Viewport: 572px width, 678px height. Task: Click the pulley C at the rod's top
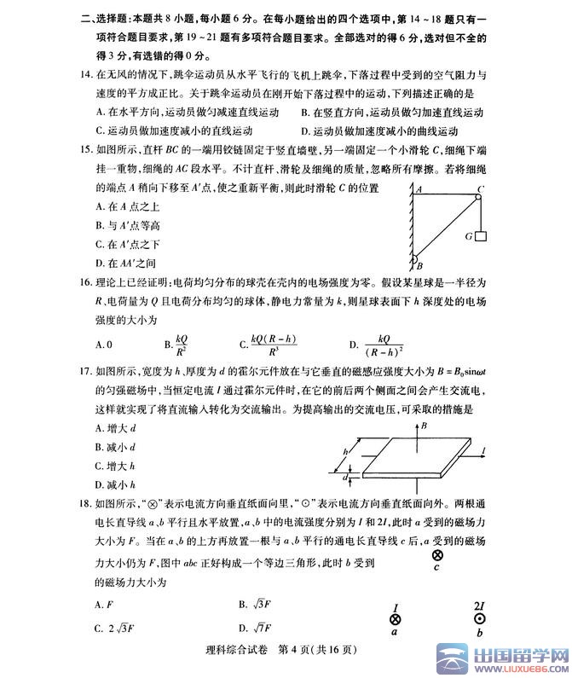(478, 193)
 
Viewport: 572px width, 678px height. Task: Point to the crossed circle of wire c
(437, 555)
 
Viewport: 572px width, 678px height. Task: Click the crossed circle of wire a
(396, 620)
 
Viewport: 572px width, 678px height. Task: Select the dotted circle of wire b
(479, 620)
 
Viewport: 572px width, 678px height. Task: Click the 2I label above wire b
(479, 606)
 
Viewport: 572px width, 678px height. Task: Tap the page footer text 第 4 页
(299, 664)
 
